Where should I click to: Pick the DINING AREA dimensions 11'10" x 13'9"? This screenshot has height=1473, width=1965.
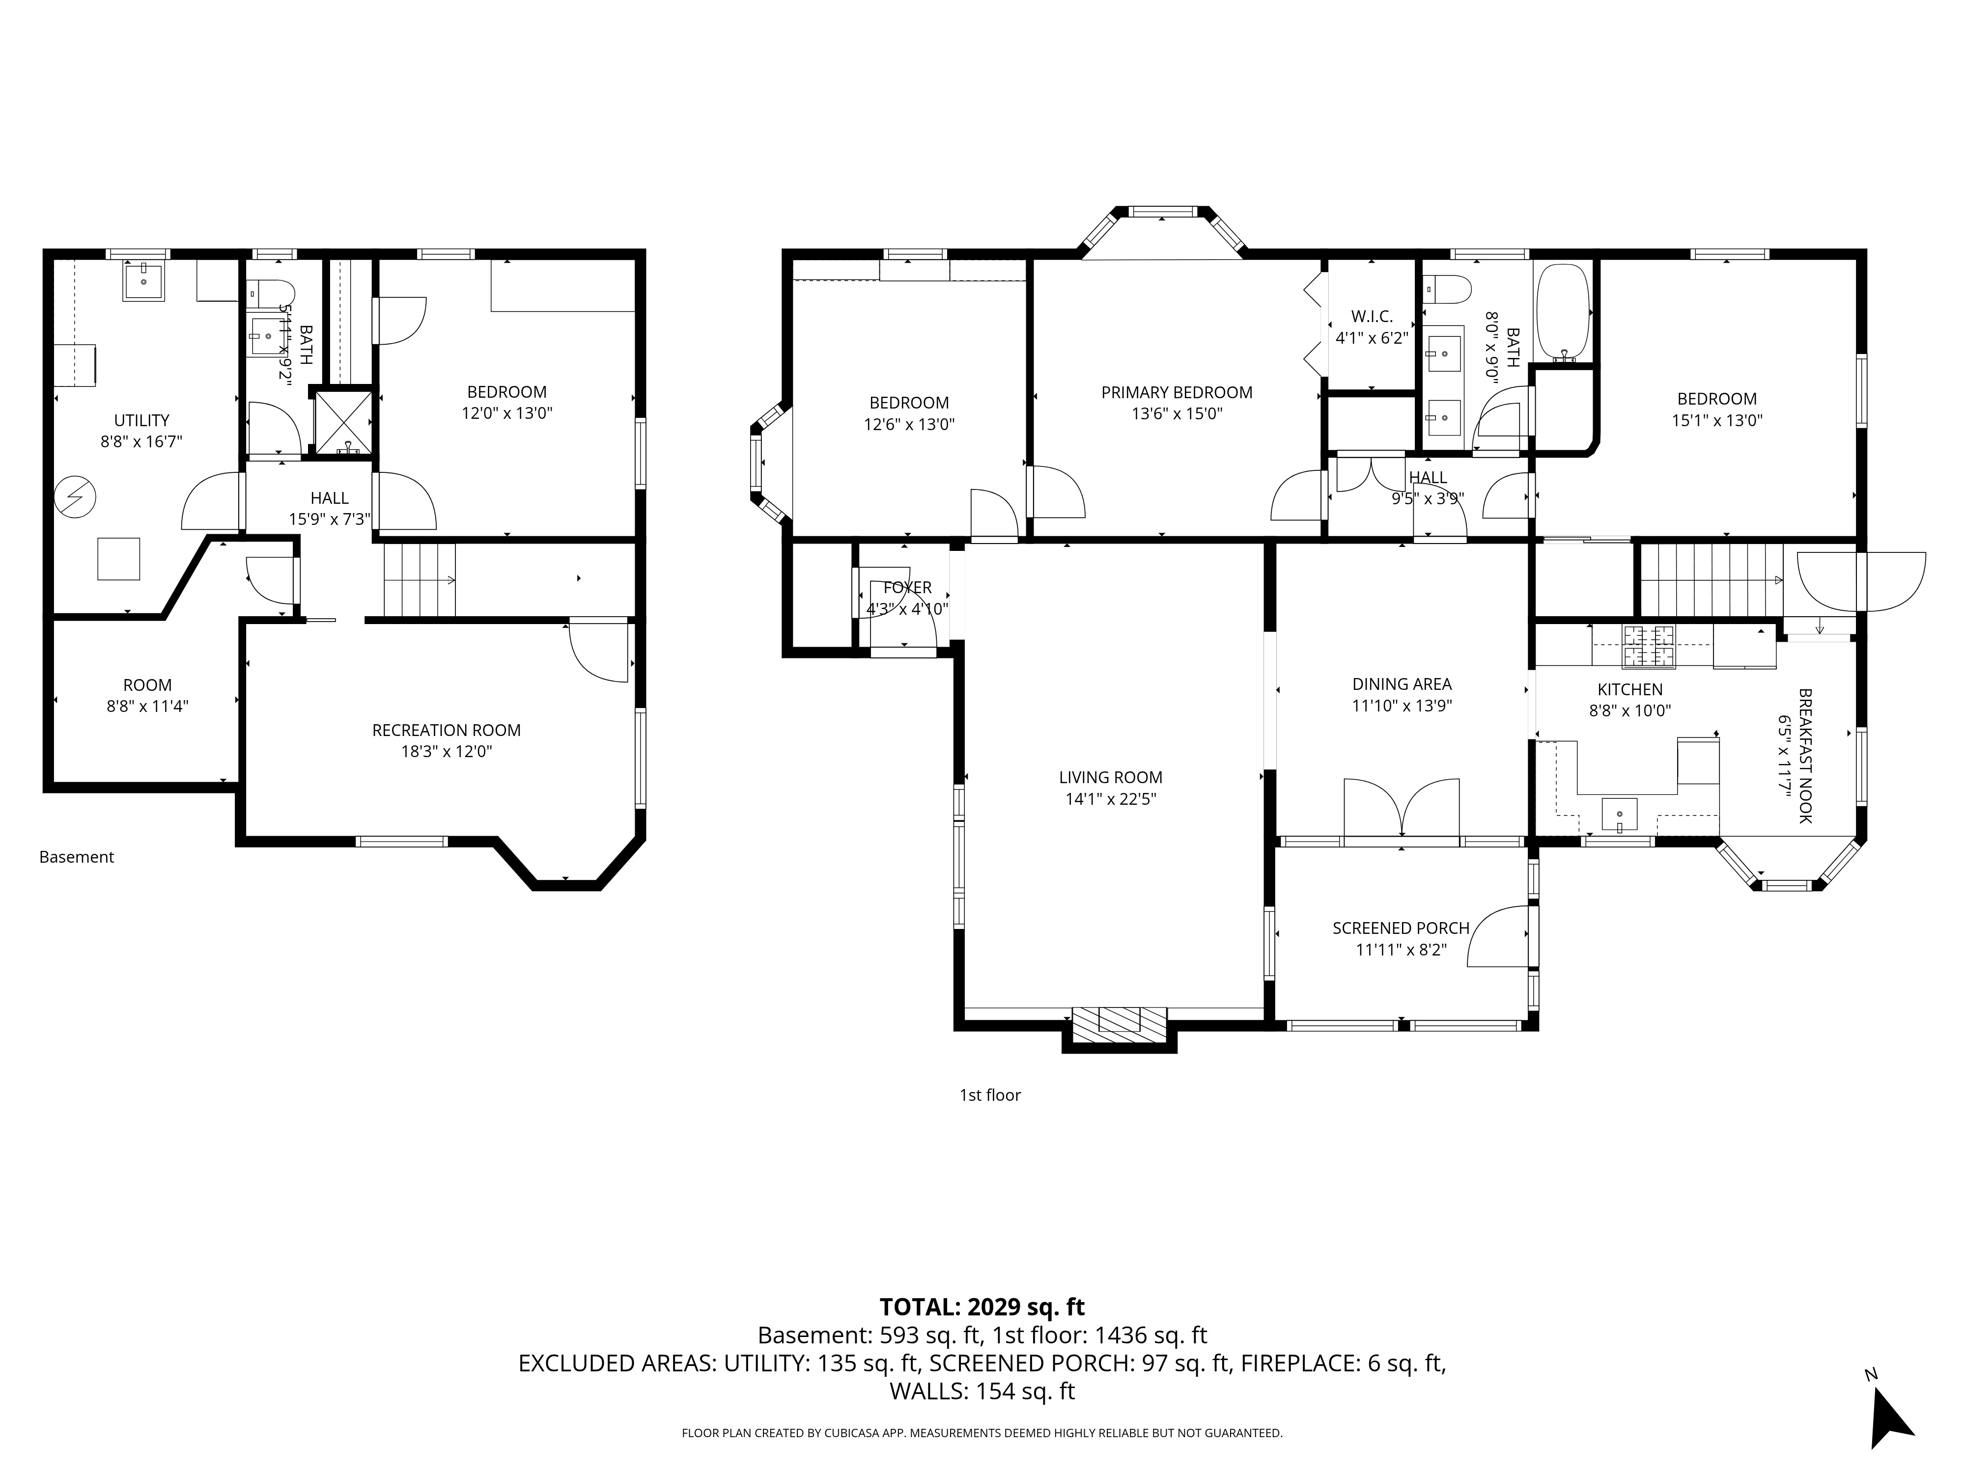point(1402,706)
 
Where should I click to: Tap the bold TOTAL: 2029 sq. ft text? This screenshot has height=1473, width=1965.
point(982,1307)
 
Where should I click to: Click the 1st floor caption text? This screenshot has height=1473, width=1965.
point(989,1095)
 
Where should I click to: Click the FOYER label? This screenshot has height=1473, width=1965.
point(907,588)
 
